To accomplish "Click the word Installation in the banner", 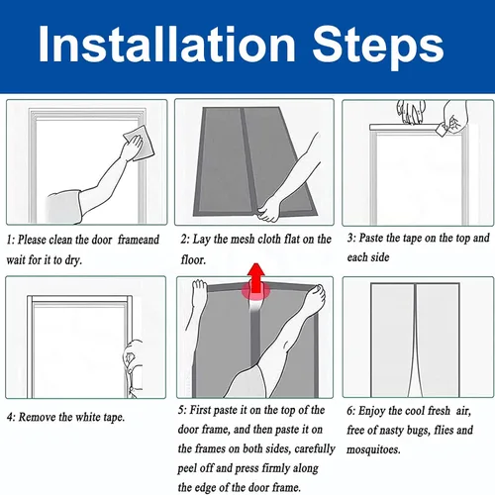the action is point(166,45).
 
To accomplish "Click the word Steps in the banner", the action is point(378,48).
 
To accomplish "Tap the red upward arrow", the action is point(256,278).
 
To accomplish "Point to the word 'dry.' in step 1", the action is point(73,260).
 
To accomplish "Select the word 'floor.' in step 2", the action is point(193,259).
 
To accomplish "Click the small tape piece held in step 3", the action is point(441,129).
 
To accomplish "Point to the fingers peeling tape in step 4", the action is point(131,358).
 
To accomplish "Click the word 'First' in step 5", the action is point(200,410).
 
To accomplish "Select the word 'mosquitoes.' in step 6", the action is point(373,449).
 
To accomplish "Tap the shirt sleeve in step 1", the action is point(63,207).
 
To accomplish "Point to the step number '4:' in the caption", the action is point(11,418).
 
